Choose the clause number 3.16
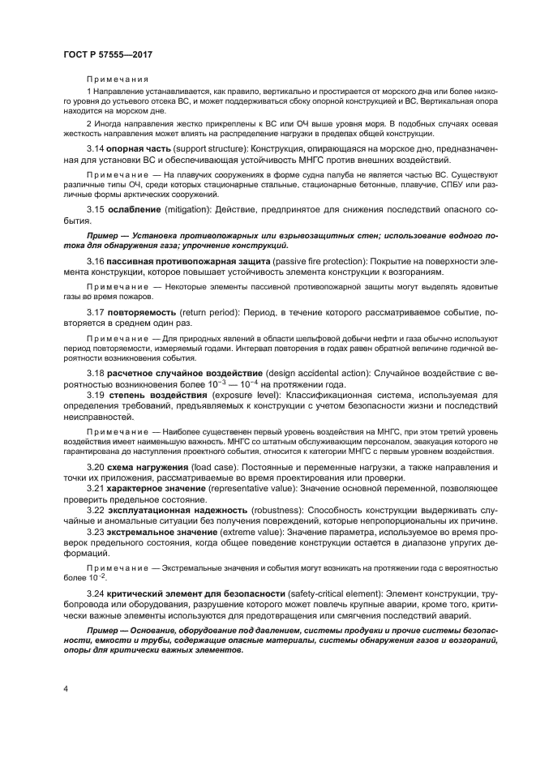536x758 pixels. pos(96,260)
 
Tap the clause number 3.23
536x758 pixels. pos(96,531)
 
